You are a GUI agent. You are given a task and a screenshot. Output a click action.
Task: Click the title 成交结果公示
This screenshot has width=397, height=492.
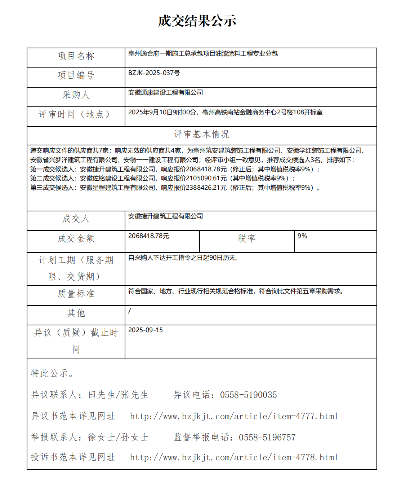coord(197,21)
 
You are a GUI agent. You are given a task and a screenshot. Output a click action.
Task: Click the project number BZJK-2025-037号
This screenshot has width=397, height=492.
coord(154,73)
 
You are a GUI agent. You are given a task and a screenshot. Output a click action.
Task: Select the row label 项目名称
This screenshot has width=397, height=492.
coord(76,56)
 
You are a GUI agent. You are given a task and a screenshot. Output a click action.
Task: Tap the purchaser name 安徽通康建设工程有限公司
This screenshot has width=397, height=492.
coord(165,93)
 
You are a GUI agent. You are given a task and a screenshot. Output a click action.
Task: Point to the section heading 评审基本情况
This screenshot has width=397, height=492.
coord(201,135)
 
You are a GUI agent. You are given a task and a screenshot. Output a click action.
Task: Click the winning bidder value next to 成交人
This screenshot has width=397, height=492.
coord(165,216)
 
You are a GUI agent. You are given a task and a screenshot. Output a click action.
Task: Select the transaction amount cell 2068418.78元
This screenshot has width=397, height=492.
coord(148,236)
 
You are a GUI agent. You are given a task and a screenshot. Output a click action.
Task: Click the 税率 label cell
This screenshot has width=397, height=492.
coord(246,238)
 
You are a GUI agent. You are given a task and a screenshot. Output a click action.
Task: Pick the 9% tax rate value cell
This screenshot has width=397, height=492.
coord(302,236)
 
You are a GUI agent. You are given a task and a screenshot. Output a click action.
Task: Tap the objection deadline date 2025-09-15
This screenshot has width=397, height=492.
coord(145,330)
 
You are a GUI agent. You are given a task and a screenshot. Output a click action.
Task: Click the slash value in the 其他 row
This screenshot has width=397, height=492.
coord(130,311)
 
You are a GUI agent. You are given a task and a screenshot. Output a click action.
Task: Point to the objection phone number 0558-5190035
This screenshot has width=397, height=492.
coord(248,395)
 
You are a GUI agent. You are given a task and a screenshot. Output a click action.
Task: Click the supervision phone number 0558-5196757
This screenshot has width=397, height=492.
coord(267,438)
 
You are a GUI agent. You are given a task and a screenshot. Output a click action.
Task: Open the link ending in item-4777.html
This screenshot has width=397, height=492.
coord(234,416)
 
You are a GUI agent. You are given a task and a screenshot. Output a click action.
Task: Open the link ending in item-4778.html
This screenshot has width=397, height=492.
coord(234,457)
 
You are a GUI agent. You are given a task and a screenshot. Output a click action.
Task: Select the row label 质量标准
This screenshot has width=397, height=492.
coord(76,294)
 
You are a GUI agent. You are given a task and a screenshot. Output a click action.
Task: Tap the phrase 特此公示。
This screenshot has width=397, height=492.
coord(53,373)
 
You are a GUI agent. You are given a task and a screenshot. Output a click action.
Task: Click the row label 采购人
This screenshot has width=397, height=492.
coord(76,95)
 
